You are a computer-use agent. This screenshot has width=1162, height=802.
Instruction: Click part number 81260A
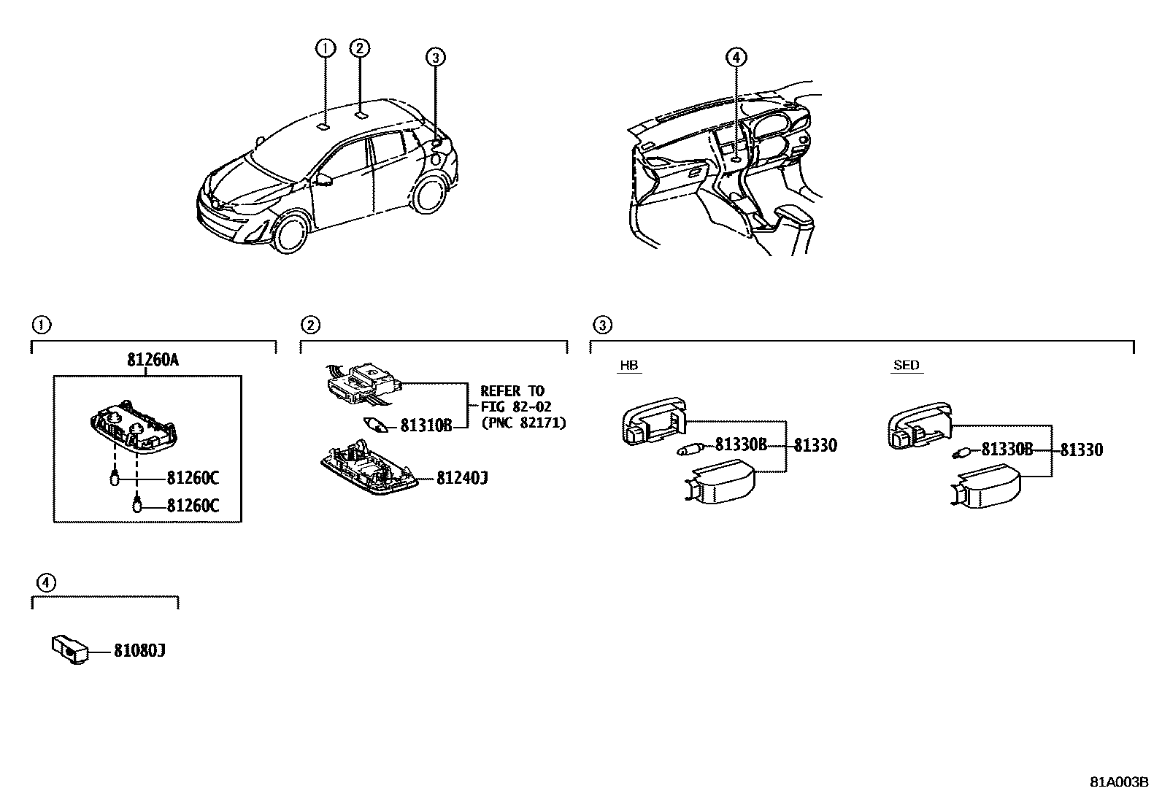click(x=153, y=360)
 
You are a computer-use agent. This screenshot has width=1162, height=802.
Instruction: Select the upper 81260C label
click(x=193, y=479)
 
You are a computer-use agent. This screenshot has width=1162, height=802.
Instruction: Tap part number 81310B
click(x=426, y=425)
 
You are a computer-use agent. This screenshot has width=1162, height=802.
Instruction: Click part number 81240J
click(x=462, y=479)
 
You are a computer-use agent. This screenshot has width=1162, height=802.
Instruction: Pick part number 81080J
click(x=139, y=651)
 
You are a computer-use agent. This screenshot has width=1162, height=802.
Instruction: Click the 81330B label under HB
click(x=741, y=444)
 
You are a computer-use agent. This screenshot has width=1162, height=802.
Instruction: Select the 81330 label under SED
click(x=1081, y=450)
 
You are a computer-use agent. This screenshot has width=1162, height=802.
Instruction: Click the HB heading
click(x=628, y=366)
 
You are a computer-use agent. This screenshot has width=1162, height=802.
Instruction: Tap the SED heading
click(x=906, y=366)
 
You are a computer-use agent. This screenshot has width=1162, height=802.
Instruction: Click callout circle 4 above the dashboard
click(x=736, y=57)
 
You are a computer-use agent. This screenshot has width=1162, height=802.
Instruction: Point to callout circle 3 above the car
click(x=434, y=57)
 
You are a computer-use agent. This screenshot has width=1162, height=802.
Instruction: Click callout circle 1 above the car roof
click(x=325, y=48)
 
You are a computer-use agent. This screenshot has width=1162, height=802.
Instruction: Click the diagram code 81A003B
click(x=1119, y=782)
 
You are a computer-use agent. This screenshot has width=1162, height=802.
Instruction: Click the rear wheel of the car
click(x=431, y=193)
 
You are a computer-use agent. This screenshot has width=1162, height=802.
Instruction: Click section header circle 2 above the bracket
click(x=310, y=325)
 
